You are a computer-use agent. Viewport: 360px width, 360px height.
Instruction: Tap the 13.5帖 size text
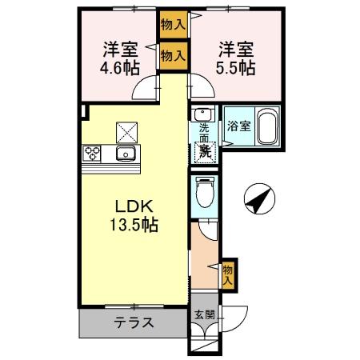[134, 225]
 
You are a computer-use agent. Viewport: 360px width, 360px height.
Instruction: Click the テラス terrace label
[134, 325]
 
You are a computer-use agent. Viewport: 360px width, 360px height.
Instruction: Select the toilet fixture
[205, 191]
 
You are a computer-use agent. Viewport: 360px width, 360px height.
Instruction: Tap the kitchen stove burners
[91, 152]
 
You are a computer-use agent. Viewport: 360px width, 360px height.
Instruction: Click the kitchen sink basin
[126, 153]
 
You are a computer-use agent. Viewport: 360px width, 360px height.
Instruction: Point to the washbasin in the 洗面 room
[204, 114]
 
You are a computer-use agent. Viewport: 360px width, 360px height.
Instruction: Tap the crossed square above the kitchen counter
[126, 127]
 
